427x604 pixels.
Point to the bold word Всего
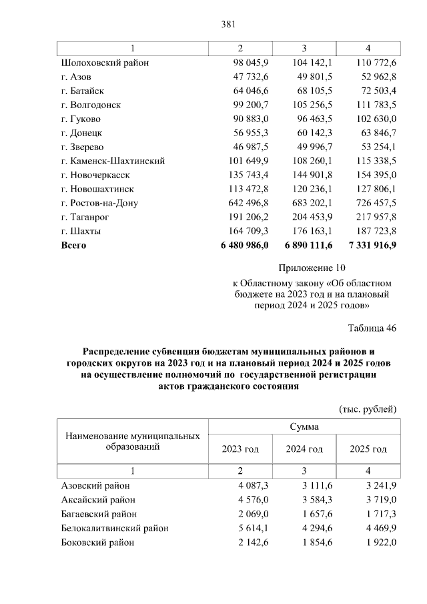pos(73,245)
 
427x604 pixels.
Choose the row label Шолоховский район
pos(104,63)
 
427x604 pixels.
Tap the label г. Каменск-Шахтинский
pos(112,161)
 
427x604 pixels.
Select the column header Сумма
pos(304,426)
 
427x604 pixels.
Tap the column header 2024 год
pos(304,449)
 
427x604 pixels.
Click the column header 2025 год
pos(368,449)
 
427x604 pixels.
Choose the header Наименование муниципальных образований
pos(133,441)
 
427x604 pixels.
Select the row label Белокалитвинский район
pos(114,528)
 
